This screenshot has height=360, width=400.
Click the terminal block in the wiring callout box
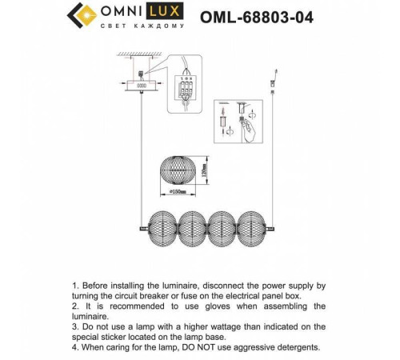(x=190, y=89)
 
